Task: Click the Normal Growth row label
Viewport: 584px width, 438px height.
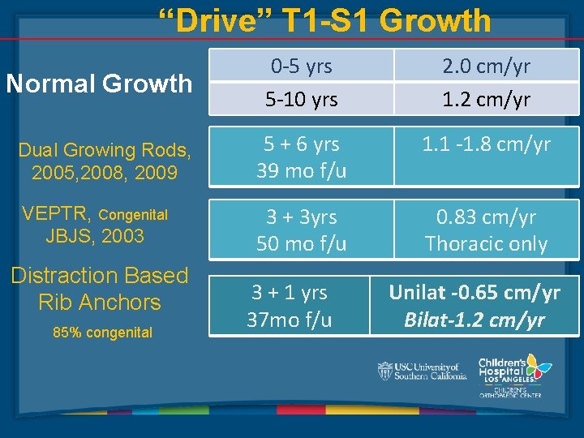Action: pos(98,83)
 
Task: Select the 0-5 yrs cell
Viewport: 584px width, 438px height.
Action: pos(302,65)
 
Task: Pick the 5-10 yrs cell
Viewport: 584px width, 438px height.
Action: pos(302,100)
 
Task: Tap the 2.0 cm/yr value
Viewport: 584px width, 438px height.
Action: pos(486,65)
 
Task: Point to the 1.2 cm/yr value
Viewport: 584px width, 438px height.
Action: pos(486,100)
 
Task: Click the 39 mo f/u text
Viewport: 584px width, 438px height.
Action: pos(301,170)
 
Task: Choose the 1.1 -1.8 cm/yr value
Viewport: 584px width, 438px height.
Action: pos(486,144)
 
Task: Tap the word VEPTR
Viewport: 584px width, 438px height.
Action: pos(57,214)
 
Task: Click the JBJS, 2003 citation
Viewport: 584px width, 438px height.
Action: pos(95,236)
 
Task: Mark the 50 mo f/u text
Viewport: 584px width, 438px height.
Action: pos(301,243)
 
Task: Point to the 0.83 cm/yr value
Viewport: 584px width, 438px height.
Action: pos(486,217)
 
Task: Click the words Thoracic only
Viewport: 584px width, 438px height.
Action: pos(486,243)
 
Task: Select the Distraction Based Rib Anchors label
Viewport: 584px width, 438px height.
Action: pos(99,289)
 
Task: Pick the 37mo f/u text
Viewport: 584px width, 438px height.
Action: pos(290,320)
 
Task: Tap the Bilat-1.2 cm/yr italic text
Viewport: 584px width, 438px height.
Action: pos(474,320)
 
